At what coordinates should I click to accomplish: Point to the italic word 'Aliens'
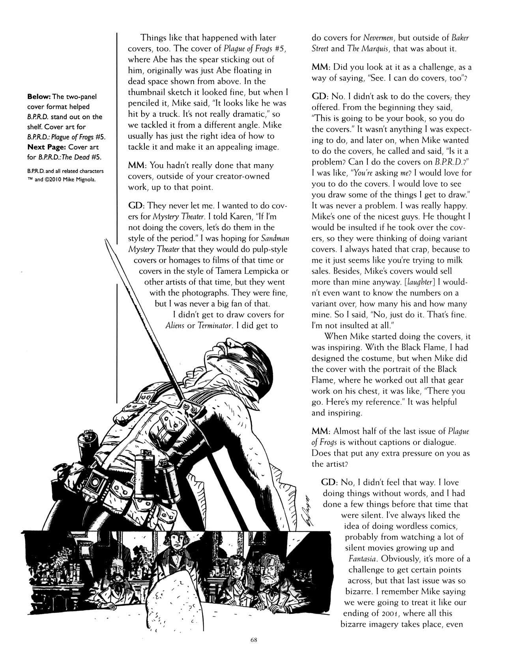(x=175, y=325)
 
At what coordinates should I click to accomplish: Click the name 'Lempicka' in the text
(x=262, y=271)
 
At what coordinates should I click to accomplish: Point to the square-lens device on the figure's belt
(x=96, y=479)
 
